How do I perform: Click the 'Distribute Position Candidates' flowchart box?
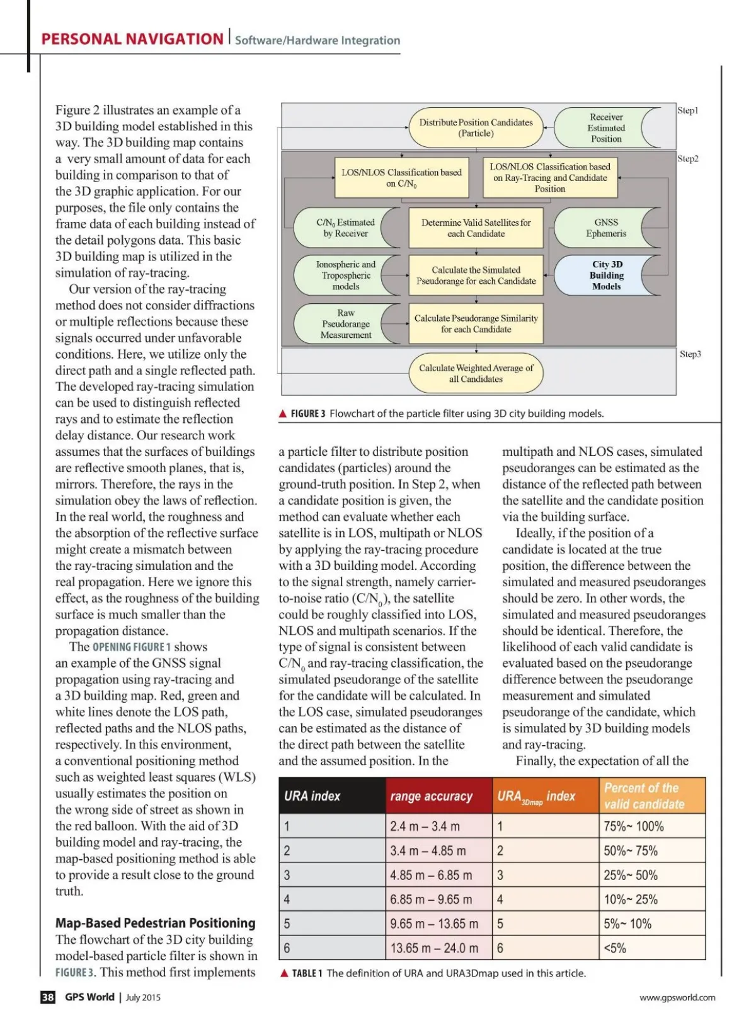point(476,128)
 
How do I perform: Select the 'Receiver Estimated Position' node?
point(605,128)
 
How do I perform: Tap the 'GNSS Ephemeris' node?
point(605,228)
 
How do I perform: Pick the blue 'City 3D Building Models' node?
point(606,275)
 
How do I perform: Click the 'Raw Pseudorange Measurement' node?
point(346,324)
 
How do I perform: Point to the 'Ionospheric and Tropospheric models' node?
point(346,275)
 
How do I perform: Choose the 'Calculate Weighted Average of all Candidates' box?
point(476,373)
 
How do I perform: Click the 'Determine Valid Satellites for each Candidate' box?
point(476,228)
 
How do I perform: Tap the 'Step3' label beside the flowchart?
point(690,354)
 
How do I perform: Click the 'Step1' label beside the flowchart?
point(687,110)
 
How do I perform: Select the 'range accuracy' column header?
point(431,796)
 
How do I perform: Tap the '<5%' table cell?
point(615,948)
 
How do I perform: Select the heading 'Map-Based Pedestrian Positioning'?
point(156,923)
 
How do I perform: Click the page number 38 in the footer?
point(48,997)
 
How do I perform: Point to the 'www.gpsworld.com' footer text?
point(677,997)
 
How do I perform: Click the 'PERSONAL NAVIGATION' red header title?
point(132,39)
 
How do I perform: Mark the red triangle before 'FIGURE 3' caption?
point(283,414)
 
